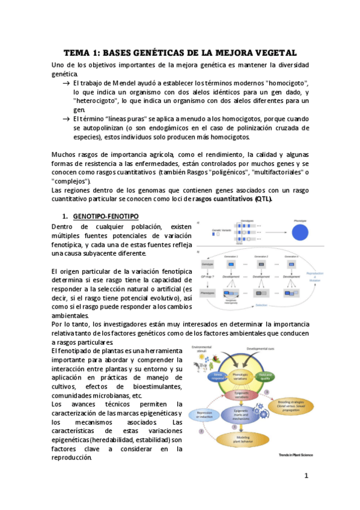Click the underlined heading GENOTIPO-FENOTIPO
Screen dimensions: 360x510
106,215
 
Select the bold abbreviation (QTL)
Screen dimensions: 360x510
263,199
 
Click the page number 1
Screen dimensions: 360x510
306,476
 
